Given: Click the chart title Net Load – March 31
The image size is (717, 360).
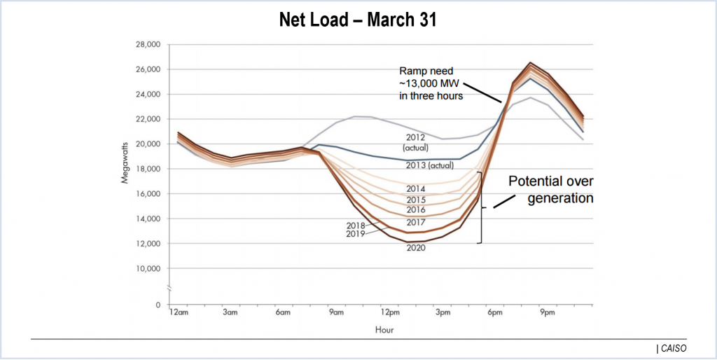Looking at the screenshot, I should pos(358,20).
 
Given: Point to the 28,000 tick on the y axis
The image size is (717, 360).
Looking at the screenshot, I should pos(148,45).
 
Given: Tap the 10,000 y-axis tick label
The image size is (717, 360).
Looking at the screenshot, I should pos(148,268).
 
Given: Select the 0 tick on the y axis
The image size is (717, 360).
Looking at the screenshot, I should pos(158,305).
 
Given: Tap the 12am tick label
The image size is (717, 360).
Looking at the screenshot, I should pos(179,313).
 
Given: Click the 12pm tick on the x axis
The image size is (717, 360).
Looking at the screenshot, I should pos(390,313).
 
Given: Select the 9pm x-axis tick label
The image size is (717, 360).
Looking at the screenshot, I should pos(547,313).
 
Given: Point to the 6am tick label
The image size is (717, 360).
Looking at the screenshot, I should pos(284,313).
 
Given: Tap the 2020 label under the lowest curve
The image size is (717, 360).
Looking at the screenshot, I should pos(416,248).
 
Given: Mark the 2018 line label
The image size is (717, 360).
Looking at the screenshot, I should pos(356,225).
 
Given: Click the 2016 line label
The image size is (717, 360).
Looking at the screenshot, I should pos(416,209).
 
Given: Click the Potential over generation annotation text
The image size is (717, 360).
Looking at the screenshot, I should pos(550,189).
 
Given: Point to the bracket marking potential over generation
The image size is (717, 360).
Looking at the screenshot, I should pos(481,207).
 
